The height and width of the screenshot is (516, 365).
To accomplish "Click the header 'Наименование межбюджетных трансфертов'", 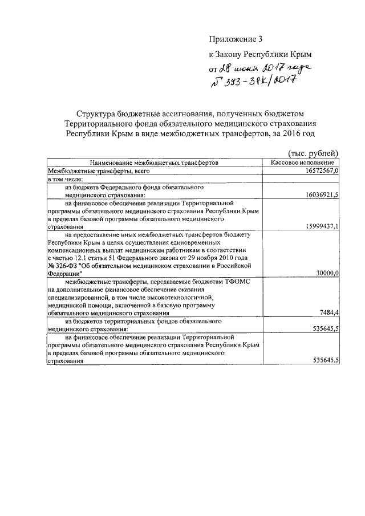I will click(x=153, y=162).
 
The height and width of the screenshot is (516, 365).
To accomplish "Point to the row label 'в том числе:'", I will click(x=66, y=178).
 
